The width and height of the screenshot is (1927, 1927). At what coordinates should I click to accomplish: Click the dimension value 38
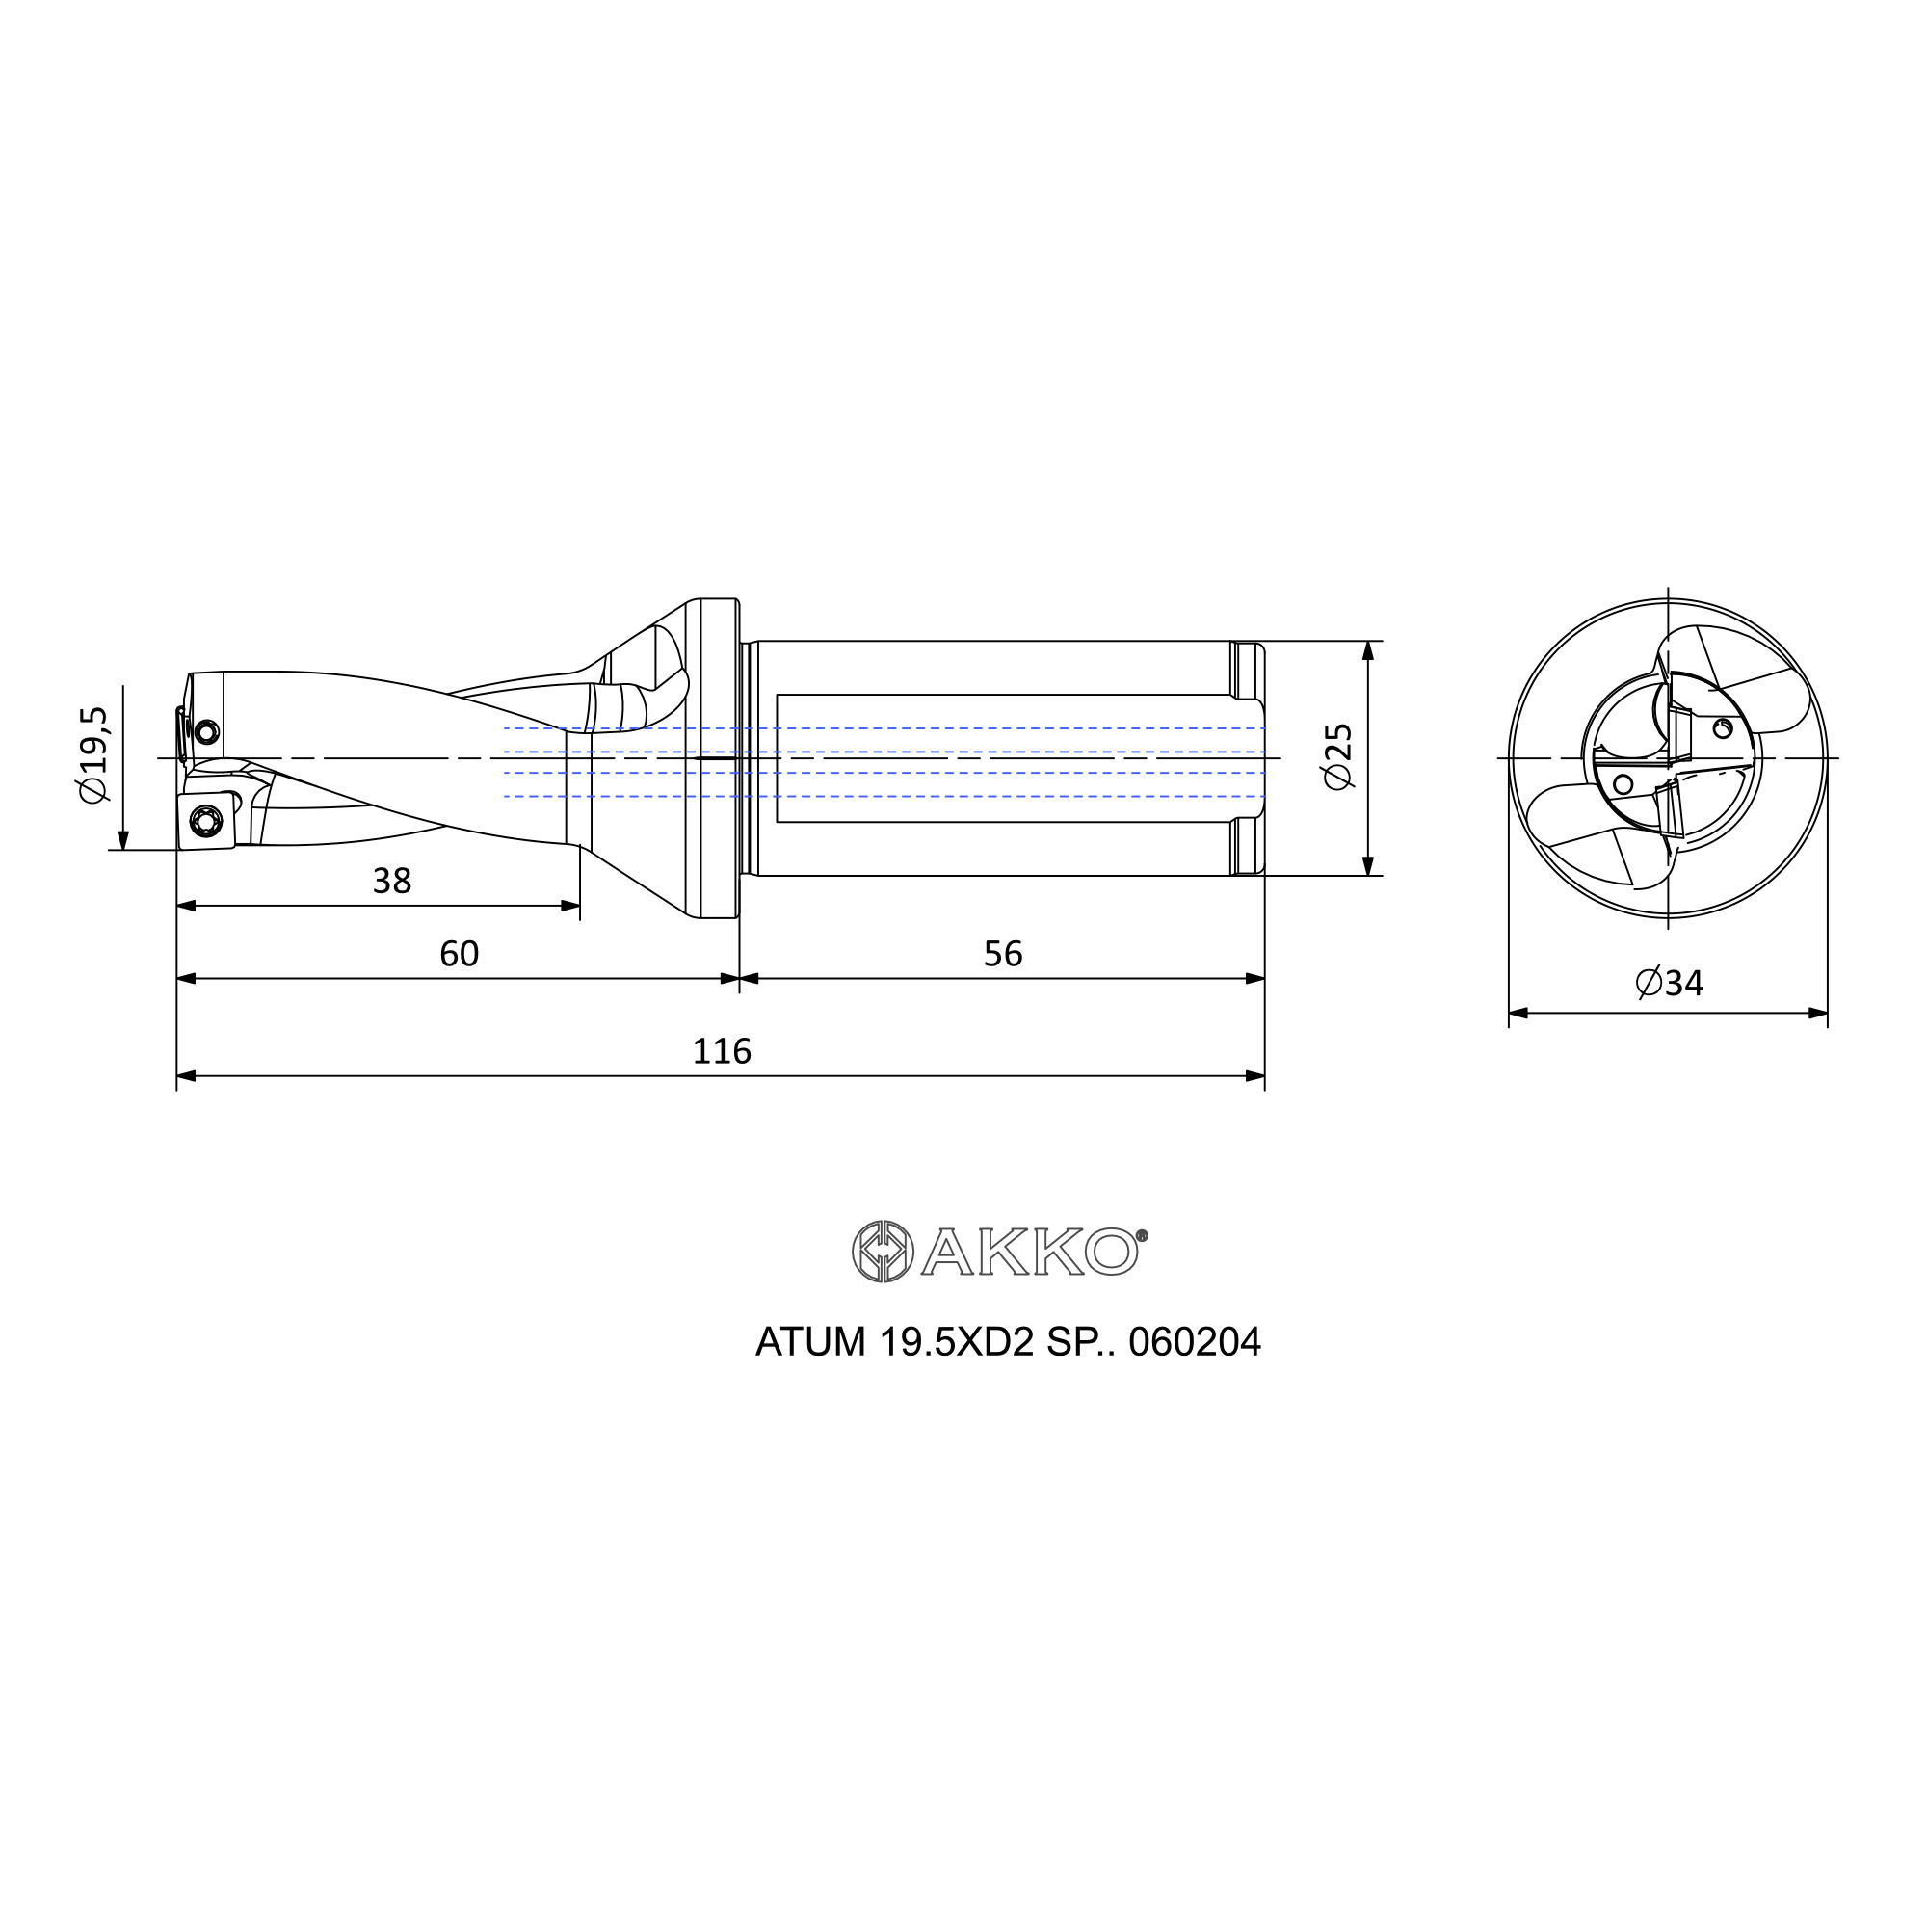(x=391, y=881)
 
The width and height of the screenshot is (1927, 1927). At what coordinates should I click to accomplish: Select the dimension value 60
(x=459, y=954)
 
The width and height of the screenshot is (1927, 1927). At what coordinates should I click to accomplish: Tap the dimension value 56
(x=1002, y=954)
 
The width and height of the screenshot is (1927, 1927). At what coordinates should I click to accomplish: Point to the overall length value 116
(x=721, y=1051)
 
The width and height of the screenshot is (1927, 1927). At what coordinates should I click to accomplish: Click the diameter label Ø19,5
(x=92, y=754)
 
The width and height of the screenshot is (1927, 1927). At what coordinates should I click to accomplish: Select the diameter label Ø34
(x=1670, y=984)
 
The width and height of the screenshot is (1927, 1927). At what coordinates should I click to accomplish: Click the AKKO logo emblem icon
(x=883, y=1251)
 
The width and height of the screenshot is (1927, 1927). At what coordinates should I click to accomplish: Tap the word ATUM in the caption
(x=810, y=1342)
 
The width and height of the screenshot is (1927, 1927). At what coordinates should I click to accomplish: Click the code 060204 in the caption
(x=1194, y=1342)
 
